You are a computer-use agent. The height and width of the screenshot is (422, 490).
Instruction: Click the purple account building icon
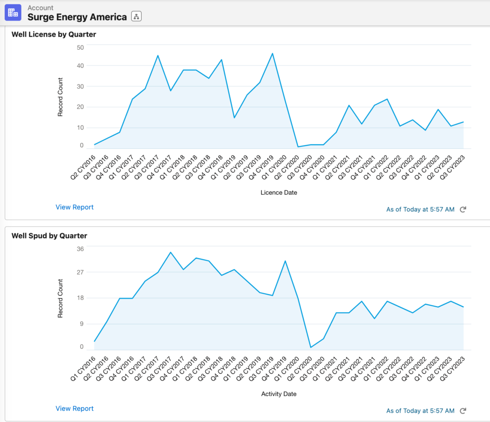click(13, 12)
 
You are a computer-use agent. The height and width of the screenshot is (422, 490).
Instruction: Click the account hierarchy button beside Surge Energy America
click(136, 17)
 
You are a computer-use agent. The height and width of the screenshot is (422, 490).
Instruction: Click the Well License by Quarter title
click(54, 34)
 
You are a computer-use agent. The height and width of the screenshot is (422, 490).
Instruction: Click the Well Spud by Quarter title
click(49, 236)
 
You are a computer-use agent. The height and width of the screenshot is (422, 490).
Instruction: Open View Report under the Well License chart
click(75, 207)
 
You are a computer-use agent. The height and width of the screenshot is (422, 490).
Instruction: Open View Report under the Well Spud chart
click(75, 409)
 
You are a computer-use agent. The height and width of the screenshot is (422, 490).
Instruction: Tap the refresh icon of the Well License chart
click(463, 210)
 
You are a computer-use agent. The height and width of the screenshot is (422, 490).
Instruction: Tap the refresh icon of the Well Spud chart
click(463, 411)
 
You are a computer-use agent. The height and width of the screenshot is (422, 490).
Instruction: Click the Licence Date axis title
click(278, 192)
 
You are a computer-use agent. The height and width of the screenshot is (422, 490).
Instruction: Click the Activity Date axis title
click(278, 394)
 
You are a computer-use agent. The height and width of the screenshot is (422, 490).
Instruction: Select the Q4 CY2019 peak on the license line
click(272, 54)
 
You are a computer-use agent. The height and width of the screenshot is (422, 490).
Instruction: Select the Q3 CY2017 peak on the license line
click(157, 56)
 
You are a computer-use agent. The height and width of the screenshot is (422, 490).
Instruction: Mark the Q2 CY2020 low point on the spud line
click(311, 347)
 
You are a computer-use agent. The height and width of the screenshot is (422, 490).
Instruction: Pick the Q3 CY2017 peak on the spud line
click(170, 252)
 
